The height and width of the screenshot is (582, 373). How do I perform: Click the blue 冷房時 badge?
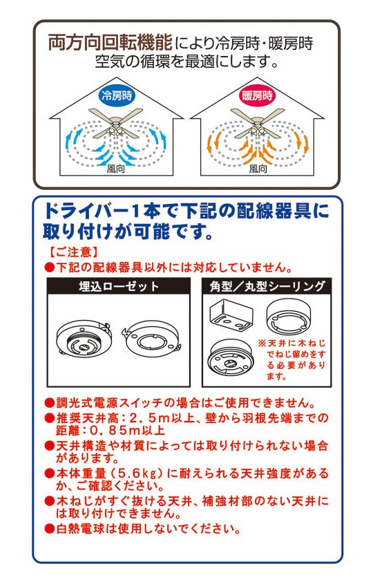click(x=117, y=95)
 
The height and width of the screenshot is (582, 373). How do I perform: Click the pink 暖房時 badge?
click(x=258, y=95)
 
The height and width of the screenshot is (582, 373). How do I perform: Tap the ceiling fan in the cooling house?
click(x=116, y=123)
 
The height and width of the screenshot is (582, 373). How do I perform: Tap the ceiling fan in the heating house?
click(x=257, y=123)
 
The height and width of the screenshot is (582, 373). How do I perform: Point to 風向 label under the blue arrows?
click(x=115, y=169)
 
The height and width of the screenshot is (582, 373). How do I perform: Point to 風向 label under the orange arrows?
click(x=258, y=169)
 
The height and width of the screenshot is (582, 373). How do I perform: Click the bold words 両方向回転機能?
click(x=111, y=42)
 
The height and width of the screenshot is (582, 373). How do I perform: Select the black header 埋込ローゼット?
click(x=119, y=286)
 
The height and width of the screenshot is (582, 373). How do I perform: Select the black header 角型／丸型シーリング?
click(x=267, y=286)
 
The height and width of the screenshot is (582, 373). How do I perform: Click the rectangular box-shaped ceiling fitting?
click(x=231, y=316)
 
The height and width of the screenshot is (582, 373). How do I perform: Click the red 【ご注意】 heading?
click(x=73, y=252)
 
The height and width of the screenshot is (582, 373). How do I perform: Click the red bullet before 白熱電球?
click(x=49, y=529)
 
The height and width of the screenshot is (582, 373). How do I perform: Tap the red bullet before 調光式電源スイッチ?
click(x=49, y=403)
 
